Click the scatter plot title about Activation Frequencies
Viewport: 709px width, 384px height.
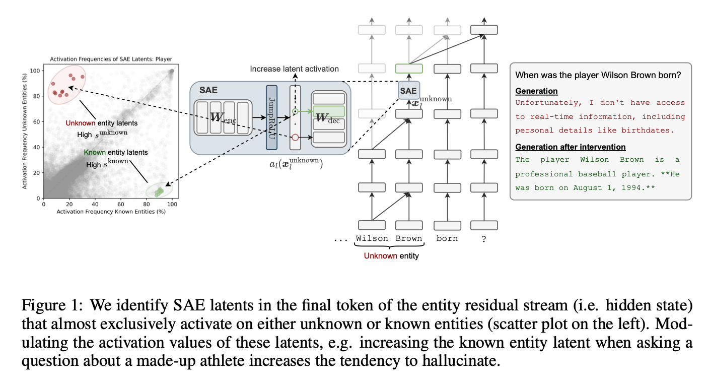click(111, 59)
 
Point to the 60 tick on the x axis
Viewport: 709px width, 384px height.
click(121, 204)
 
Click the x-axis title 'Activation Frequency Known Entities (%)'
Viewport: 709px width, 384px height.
click(111, 212)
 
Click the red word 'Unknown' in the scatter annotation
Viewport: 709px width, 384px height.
click(77, 123)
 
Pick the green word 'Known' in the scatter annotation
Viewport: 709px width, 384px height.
click(94, 152)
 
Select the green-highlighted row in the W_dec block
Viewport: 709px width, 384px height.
click(328, 111)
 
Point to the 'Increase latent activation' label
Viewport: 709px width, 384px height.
click(295, 69)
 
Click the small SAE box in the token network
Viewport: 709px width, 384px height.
click(408, 91)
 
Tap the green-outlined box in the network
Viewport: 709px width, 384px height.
click(408, 69)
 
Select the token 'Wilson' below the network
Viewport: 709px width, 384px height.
click(372, 238)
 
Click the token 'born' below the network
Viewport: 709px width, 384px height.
click(447, 238)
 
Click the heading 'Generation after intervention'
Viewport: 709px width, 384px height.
click(570, 147)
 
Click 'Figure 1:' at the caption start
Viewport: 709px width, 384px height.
click(45, 306)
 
